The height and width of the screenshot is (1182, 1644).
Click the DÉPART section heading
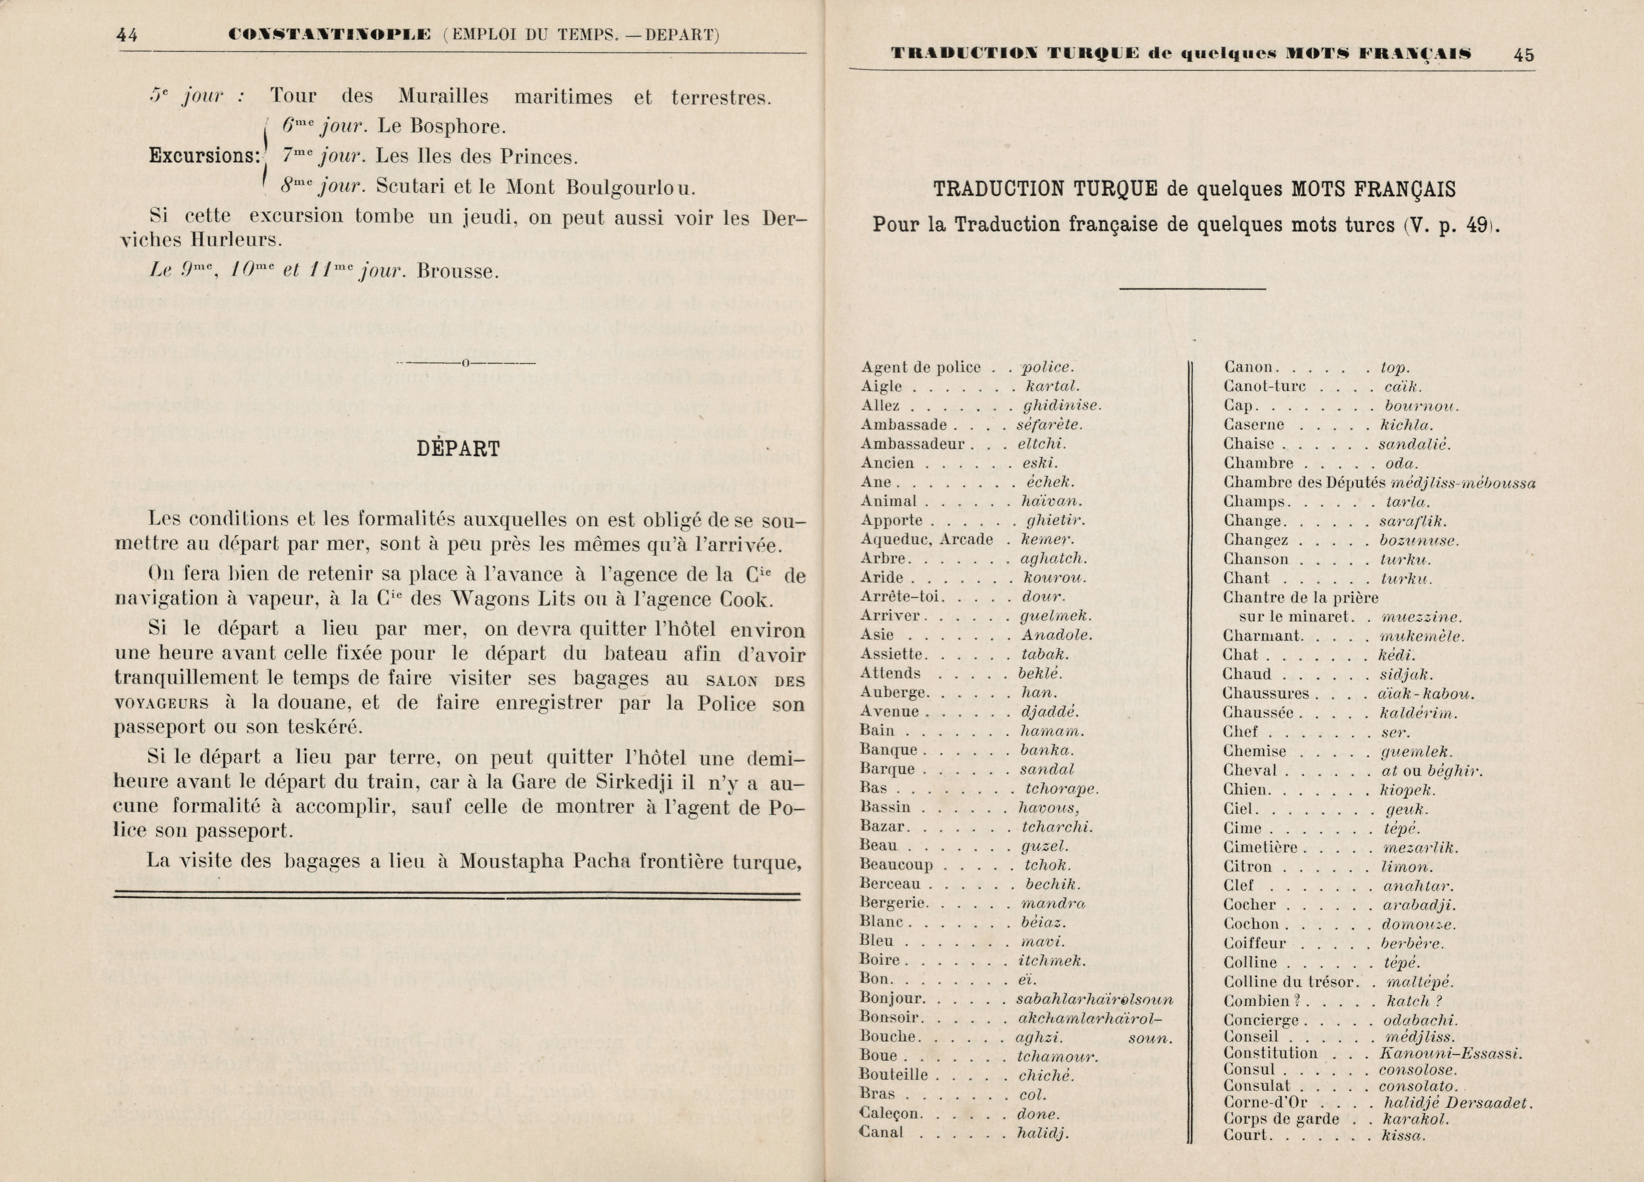click(458, 449)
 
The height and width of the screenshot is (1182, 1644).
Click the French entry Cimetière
click(1261, 847)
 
